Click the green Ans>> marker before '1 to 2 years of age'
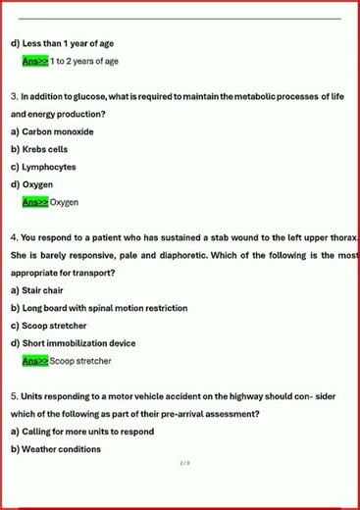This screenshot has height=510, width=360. coord(35,61)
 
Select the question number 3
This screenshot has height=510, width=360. coord(14,96)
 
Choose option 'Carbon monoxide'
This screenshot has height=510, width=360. coord(58,131)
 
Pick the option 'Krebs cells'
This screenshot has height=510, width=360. coord(50,149)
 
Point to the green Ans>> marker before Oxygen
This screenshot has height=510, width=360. coord(35,202)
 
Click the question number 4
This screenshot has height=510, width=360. coord(14,237)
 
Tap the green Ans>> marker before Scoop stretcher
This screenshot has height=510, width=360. coord(35,361)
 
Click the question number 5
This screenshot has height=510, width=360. coord(14,396)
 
